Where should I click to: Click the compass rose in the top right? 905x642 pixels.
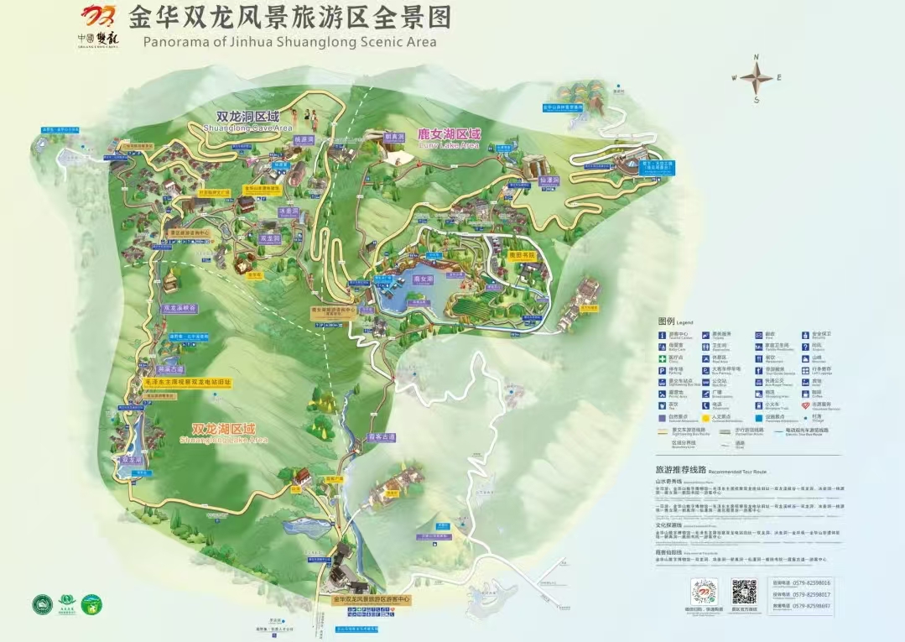pyautogui.click(x=757, y=78)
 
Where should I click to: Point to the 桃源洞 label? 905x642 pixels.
pyautogui.click(x=303, y=139)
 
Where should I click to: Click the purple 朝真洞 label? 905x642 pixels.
pyautogui.click(x=393, y=136)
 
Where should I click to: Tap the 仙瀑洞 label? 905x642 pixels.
pyautogui.click(x=549, y=180)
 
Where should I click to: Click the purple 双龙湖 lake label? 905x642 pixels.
pyautogui.click(x=132, y=460)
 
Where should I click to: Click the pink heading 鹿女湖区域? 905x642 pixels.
pyautogui.click(x=450, y=134)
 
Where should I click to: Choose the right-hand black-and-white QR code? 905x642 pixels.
pyautogui.click(x=744, y=591)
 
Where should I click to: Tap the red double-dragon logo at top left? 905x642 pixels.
pyautogui.click(x=100, y=18)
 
